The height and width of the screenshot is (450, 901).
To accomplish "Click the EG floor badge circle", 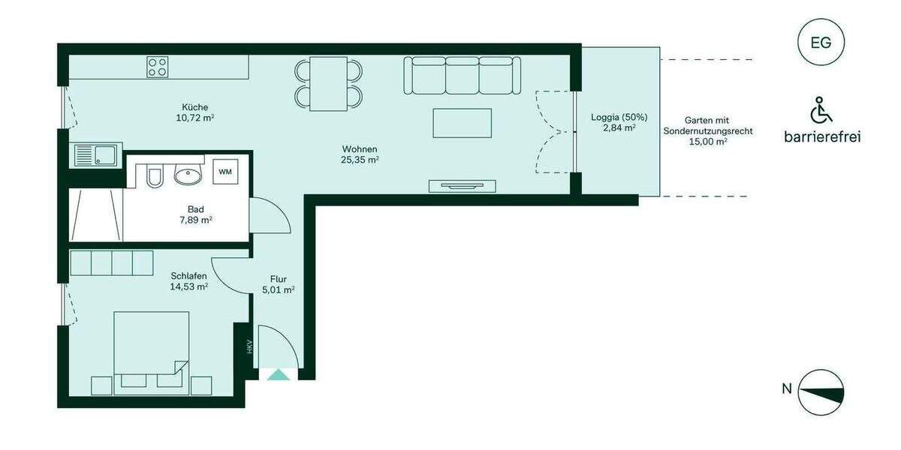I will [821, 43].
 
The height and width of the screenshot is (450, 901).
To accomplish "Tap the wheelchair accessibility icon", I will [821, 111].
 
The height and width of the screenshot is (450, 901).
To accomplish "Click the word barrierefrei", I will [821, 136].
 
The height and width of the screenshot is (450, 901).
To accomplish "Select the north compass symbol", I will [821, 391].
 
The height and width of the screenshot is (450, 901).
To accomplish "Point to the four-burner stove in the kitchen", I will [158, 67].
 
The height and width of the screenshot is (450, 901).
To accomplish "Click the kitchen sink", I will [94, 156].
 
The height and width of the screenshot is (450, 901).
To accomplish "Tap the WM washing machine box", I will [225, 172].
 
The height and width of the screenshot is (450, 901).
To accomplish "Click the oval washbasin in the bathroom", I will [188, 176].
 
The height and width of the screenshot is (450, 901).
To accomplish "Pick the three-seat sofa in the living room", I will [463, 75].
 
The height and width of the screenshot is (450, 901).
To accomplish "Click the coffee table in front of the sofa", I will [462, 123].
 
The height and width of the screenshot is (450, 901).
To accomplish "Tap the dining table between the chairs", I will [329, 83].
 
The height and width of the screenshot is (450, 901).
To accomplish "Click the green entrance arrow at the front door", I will [279, 374].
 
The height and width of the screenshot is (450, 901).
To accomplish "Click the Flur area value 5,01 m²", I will [279, 290].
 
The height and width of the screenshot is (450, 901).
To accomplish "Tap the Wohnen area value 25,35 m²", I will [360, 160].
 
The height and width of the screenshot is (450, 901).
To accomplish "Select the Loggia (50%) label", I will [619, 117].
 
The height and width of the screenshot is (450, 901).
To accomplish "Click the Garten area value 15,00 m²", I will [707, 141].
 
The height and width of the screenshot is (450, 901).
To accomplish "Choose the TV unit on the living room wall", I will [462, 185].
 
